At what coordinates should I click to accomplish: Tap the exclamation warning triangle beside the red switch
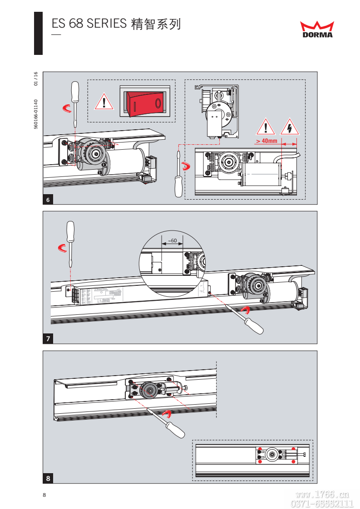pyautogui.click(x=104, y=102)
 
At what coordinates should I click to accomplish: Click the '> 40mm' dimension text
pyautogui.click(x=266, y=141)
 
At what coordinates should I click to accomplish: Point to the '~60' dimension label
pyautogui.click(x=172, y=240)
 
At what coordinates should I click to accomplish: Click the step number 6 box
pyautogui.click(x=48, y=200)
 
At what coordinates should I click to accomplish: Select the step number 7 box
pyautogui.click(x=48, y=338)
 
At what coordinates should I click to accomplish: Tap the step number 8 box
pyautogui.click(x=48, y=478)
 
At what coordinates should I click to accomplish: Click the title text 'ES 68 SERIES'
pyautogui.click(x=89, y=24)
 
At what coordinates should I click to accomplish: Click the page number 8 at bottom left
pyautogui.click(x=44, y=495)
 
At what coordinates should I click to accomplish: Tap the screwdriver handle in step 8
pyautogui.click(x=175, y=430)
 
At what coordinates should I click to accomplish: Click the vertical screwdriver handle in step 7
pyautogui.click(x=70, y=232)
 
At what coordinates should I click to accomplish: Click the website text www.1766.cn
pyautogui.click(x=321, y=494)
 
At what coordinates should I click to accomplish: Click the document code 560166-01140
pyautogui.click(x=35, y=114)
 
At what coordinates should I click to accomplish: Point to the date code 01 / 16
pyautogui.click(x=35, y=79)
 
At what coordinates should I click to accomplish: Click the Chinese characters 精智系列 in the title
pyautogui.click(x=155, y=24)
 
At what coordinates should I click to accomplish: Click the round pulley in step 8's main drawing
pyautogui.click(x=148, y=390)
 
